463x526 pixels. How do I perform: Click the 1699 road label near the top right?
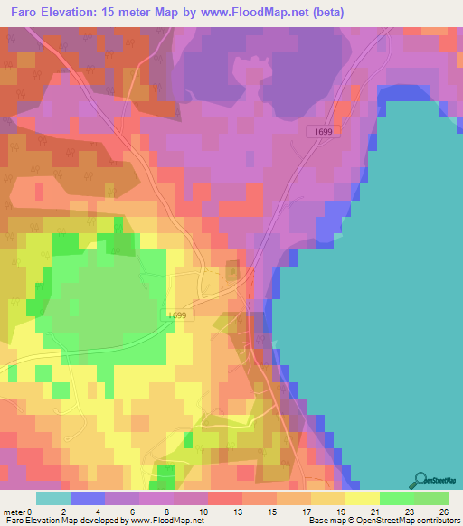325,132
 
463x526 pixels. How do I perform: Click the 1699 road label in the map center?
178,315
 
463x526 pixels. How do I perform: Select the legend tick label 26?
444,512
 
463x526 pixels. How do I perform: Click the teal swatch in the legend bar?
53,498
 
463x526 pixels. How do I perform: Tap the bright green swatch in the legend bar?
397,498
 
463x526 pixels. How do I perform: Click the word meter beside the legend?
14,512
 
